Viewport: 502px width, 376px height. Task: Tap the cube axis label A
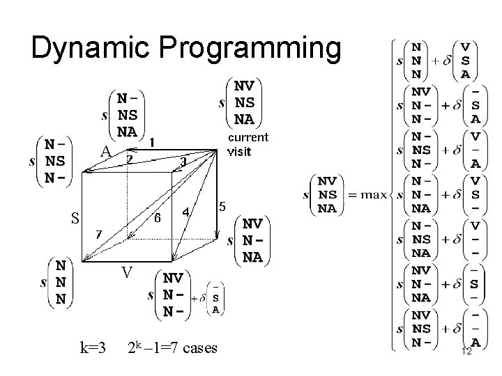click(105, 151)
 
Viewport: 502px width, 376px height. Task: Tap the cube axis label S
click(73, 218)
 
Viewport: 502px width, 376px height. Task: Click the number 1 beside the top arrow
click(152, 141)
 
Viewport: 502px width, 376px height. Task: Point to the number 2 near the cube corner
click(129, 159)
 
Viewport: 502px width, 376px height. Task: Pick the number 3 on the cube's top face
click(183, 162)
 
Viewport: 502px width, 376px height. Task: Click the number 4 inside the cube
click(185, 212)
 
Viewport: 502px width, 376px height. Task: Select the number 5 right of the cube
click(222, 207)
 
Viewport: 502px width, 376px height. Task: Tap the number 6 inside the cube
click(158, 218)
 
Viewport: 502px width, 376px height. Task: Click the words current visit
click(248, 143)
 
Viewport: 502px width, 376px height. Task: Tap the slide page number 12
click(466, 352)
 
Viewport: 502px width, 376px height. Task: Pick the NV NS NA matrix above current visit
click(243, 102)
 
